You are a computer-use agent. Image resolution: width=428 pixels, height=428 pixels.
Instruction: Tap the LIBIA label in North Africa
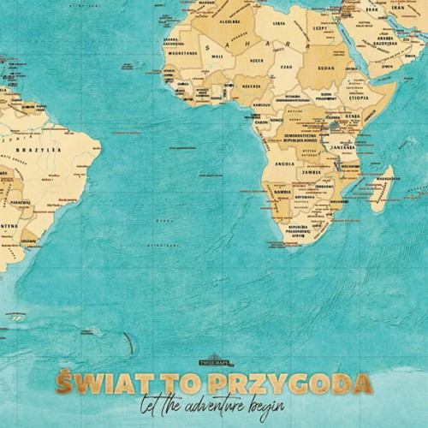[x=278, y=24]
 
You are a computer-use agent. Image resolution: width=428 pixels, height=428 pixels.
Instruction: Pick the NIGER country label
[x=256, y=61]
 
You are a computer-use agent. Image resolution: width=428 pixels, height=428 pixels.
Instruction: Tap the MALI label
[x=217, y=56]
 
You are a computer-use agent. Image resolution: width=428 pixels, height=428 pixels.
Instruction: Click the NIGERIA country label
[x=251, y=86]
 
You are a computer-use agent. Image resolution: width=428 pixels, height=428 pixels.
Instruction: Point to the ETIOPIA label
[x=359, y=98]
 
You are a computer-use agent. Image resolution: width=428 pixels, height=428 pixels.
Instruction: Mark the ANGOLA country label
[x=284, y=163]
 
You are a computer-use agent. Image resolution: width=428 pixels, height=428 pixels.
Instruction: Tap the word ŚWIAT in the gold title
[x=98, y=381]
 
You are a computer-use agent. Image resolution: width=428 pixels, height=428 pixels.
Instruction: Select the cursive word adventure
[x=213, y=405]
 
